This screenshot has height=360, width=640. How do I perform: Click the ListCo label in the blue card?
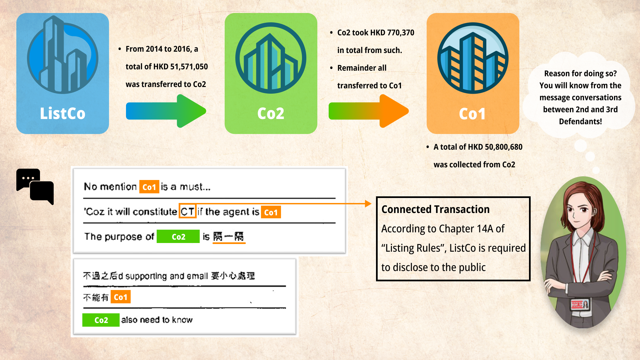click(63, 114)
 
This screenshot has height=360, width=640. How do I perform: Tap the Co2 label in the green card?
click(271, 114)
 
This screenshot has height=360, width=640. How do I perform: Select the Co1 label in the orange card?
click(472, 114)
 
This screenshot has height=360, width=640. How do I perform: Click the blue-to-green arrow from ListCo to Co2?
click(166, 111)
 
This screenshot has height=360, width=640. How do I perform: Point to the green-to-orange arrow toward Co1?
click(369, 111)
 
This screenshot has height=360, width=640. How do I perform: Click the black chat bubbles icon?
click(35, 187)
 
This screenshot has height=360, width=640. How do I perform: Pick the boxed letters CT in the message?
click(187, 211)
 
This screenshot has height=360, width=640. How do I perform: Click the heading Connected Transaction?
click(435, 209)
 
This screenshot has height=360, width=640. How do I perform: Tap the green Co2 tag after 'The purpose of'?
click(178, 237)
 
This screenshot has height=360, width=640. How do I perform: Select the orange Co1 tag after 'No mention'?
click(149, 187)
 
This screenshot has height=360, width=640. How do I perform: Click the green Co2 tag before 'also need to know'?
click(101, 320)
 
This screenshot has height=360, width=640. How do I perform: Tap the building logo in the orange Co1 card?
click(473, 58)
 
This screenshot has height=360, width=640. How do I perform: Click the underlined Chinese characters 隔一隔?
click(229, 237)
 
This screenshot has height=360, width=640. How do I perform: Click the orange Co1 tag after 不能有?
click(120, 297)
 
